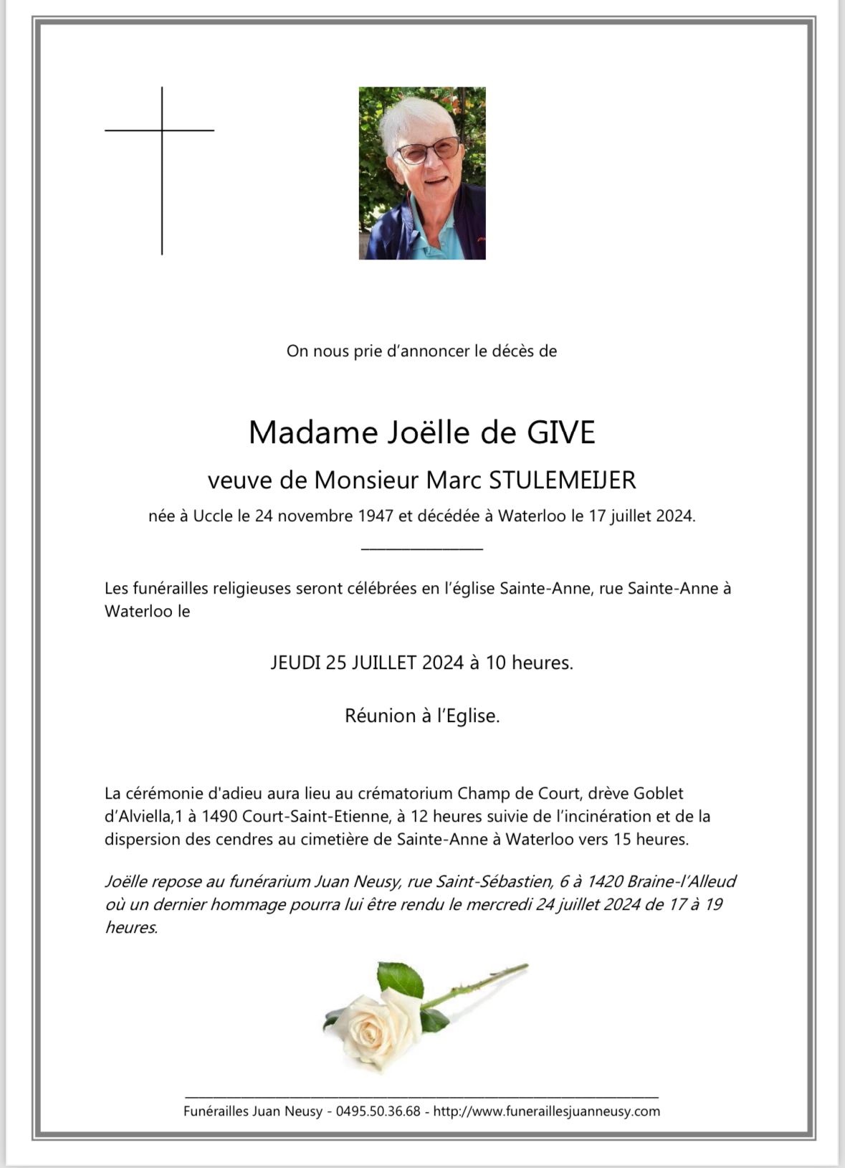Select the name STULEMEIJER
pos(563,480)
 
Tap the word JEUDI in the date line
pos(295,663)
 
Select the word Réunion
pos(379,716)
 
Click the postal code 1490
pos(220,816)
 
